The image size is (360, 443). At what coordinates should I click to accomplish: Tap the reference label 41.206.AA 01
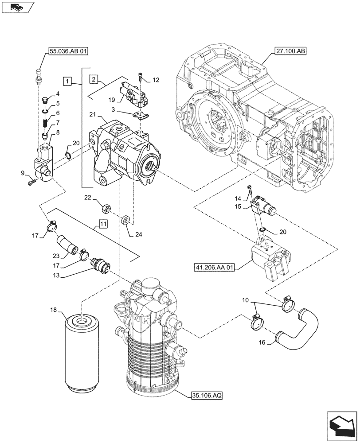point(213,267)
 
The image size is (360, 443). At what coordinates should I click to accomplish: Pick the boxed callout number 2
point(94,79)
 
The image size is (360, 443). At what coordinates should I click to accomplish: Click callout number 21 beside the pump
point(92,115)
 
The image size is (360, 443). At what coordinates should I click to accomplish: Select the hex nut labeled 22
point(106,207)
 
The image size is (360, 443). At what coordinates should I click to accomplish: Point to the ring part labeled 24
point(125,220)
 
